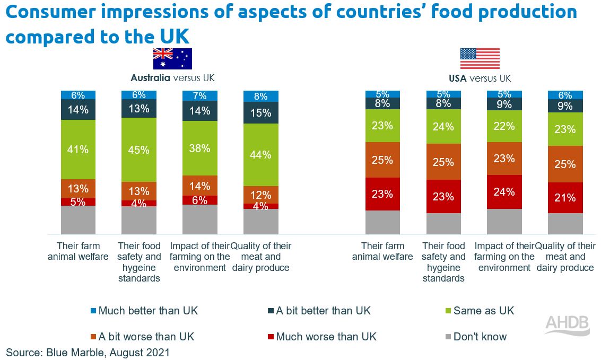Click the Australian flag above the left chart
[x=172, y=58]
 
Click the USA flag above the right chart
[x=480, y=58]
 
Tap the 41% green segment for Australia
[x=78, y=150]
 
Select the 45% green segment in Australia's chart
[x=138, y=150]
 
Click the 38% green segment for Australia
[x=199, y=149]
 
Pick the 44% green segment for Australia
[x=260, y=154]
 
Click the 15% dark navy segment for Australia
[x=260, y=113]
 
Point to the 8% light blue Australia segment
[x=260, y=96]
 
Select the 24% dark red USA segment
[x=504, y=192]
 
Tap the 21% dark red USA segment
[x=565, y=198]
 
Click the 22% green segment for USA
[x=504, y=126]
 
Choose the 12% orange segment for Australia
[x=260, y=195]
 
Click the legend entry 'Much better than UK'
[x=143, y=311]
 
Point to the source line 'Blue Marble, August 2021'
[x=88, y=352]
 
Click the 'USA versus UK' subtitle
[x=480, y=78]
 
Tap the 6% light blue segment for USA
[x=565, y=95]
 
